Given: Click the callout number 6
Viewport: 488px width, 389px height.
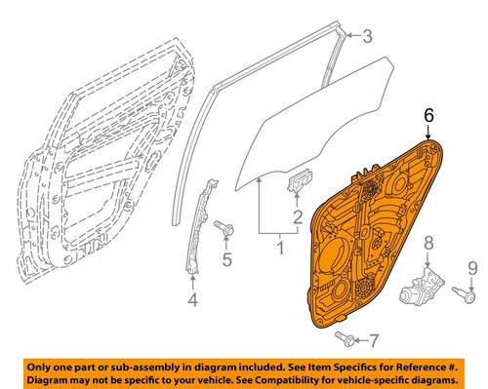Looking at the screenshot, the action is tap(427, 114).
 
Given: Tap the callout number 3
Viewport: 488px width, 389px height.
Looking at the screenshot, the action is tap(368, 38).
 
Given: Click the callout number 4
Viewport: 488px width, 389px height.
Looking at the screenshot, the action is tap(192, 300).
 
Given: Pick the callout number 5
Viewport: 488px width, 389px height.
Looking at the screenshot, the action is tap(226, 259).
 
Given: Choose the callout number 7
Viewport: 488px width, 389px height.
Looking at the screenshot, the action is tap(372, 340).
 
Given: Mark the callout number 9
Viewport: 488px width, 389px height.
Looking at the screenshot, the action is tap(471, 266).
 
